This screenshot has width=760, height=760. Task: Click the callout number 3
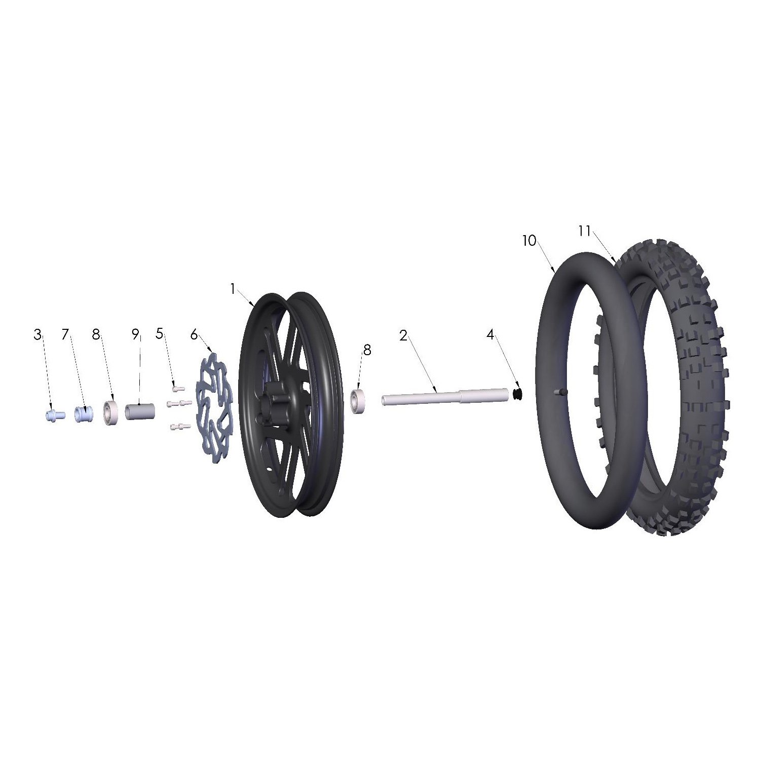[x=37, y=335]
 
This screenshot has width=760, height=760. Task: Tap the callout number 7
[x=65, y=335]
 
